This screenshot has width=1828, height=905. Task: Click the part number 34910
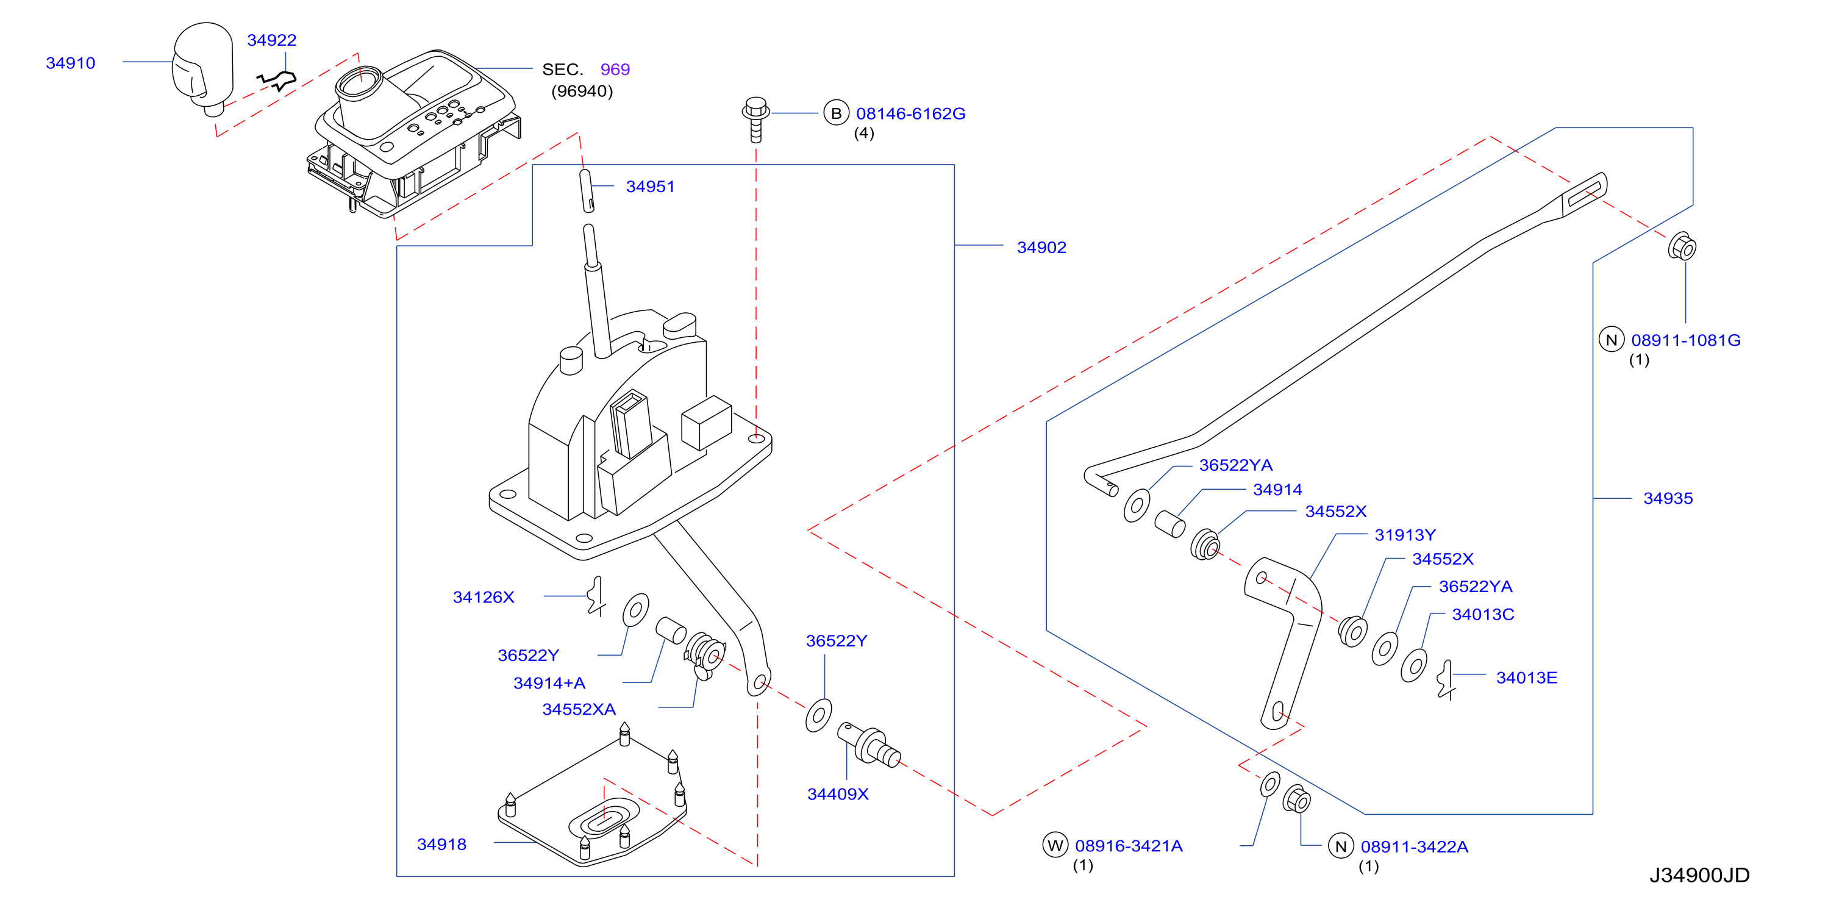(70, 63)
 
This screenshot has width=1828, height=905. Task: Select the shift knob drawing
(203, 68)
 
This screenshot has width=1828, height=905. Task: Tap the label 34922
(272, 40)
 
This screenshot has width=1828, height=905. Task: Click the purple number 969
(615, 70)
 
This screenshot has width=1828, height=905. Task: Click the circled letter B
(837, 113)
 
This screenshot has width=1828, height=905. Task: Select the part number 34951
(650, 187)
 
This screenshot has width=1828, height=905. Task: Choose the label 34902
(1041, 248)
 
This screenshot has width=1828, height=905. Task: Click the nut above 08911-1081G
(1682, 246)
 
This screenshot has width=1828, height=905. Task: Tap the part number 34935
(1668, 498)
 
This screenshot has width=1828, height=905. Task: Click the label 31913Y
(1405, 535)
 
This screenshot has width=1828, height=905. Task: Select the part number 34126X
(484, 598)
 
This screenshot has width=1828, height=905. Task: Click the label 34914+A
(549, 684)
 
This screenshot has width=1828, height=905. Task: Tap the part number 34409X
(838, 794)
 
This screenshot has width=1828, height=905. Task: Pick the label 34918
(442, 845)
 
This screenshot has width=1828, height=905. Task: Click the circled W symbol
(1055, 845)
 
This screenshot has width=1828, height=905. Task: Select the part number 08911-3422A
(1414, 847)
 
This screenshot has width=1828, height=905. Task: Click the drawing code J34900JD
(1699, 875)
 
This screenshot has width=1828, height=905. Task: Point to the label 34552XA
(579, 710)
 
